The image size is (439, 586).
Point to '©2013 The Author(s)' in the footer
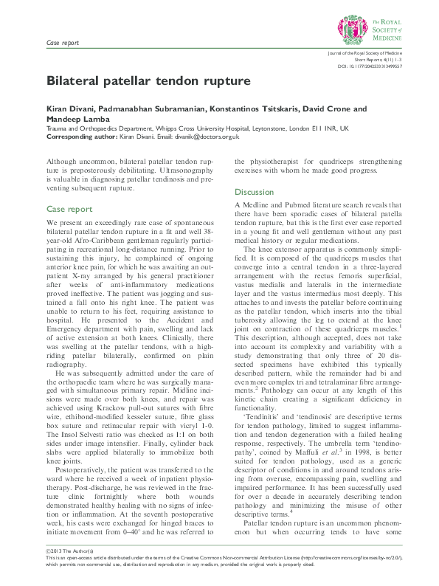67,554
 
